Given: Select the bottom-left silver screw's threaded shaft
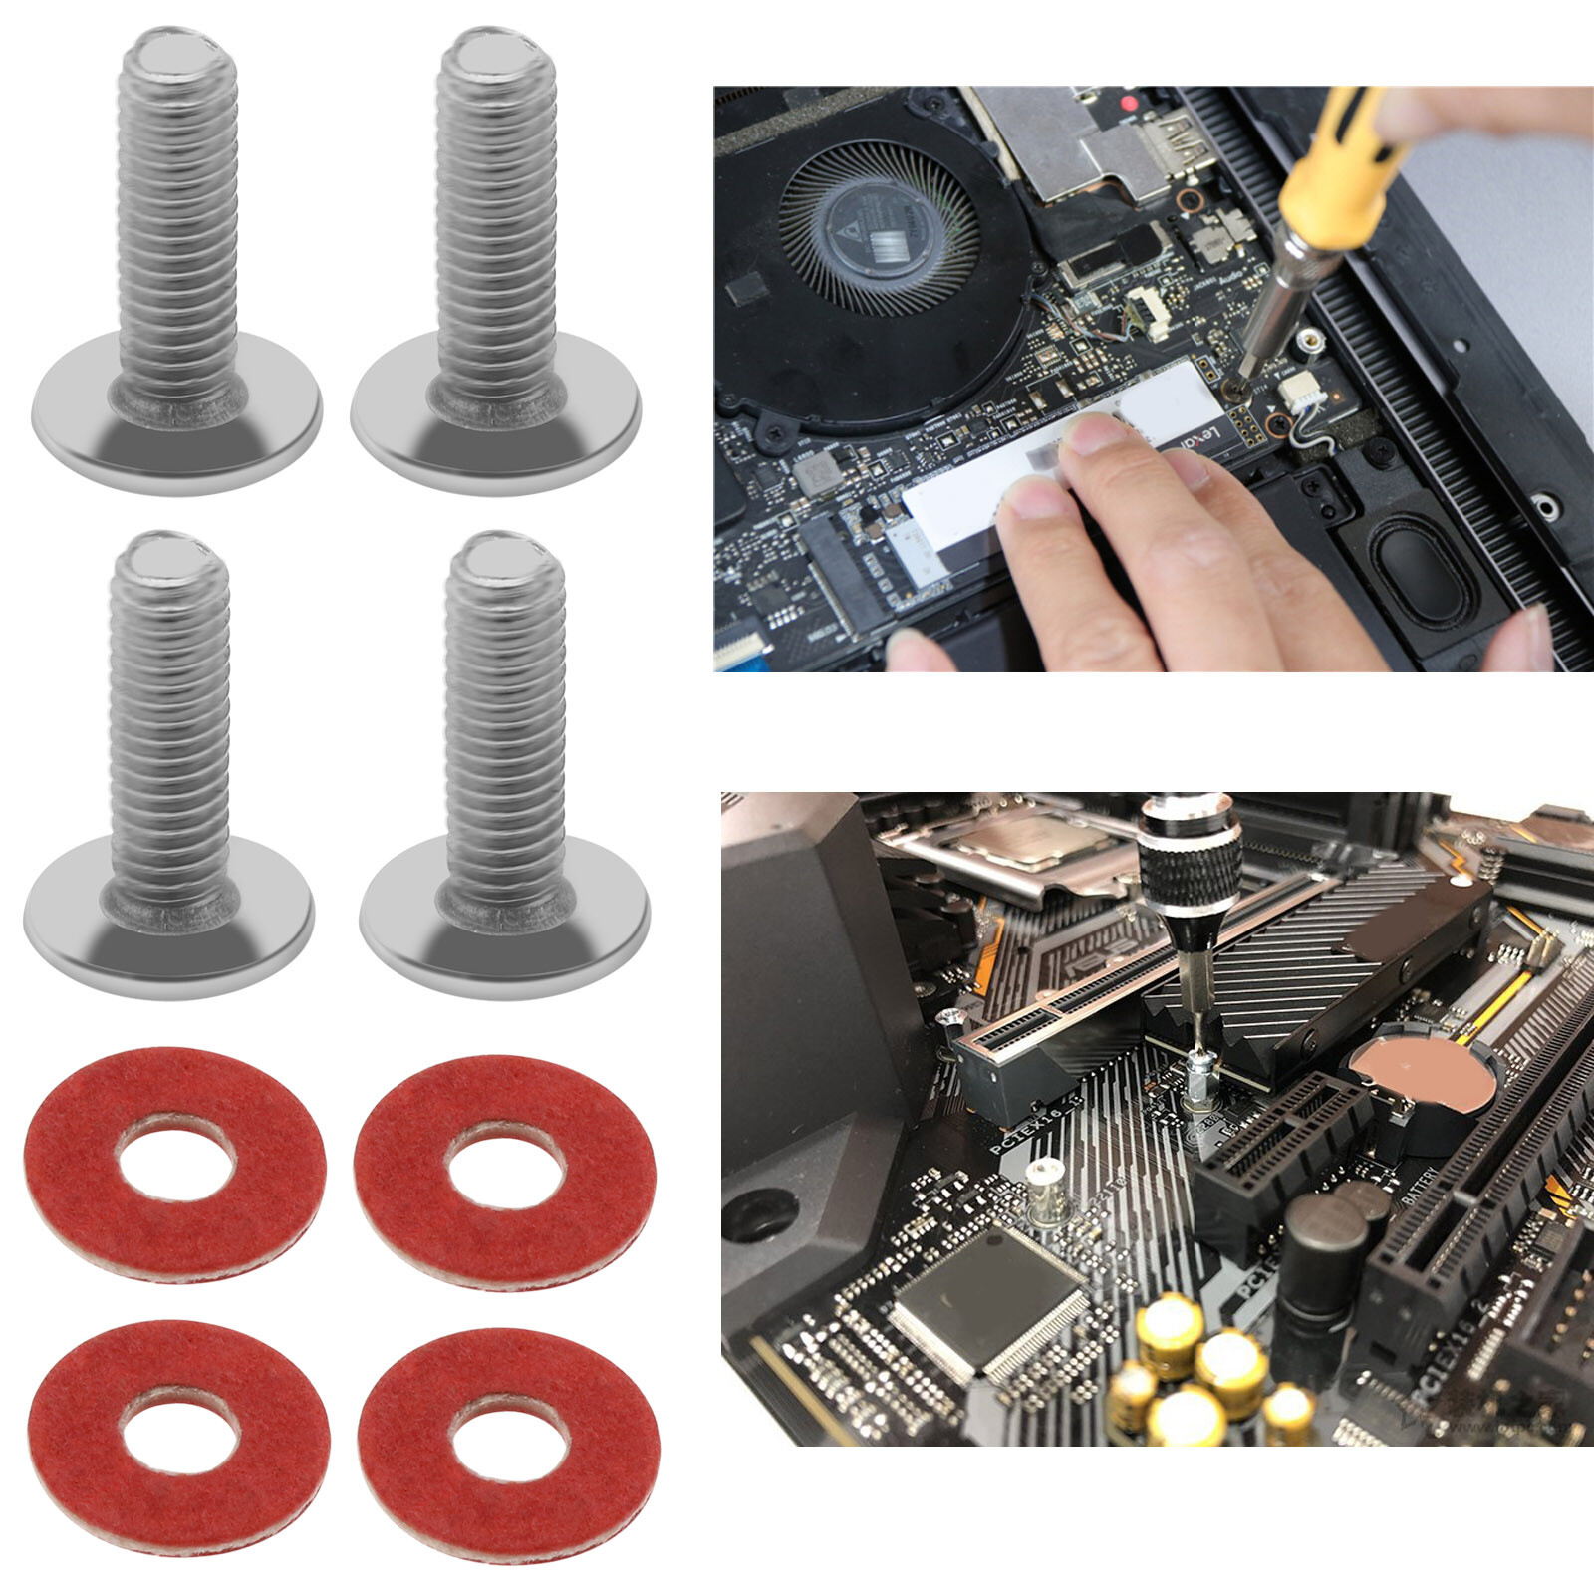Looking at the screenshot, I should tap(170, 717).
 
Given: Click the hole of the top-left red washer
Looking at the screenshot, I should tap(176, 1164).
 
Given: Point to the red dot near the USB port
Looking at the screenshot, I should tap(1128, 103).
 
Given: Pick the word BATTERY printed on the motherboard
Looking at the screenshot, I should tap(1421, 1191).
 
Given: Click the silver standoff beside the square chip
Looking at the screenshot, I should tap(1043, 1191).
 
